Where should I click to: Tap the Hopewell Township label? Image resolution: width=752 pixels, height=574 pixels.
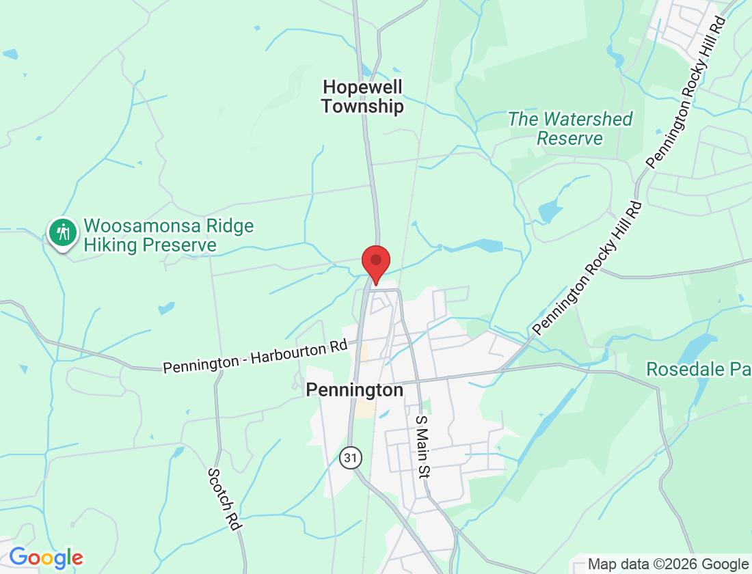(x=362, y=96)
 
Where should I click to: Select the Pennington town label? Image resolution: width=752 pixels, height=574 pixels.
(x=354, y=389)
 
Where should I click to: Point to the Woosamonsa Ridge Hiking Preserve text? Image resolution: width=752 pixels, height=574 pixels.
(x=168, y=235)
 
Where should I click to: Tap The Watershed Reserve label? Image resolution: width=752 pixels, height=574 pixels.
(x=570, y=128)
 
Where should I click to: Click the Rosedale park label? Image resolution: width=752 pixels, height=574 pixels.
(x=697, y=370)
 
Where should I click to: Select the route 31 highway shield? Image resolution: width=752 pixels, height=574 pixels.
(x=351, y=458)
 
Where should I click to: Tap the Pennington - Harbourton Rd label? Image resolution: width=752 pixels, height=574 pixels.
(x=255, y=357)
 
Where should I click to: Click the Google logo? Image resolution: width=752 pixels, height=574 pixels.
(x=46, y=558)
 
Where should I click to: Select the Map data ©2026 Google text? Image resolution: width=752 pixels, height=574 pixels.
(x=668, y=564)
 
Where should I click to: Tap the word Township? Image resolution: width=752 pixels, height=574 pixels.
(x=362, y=107)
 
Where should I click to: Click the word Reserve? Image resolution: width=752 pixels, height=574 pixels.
(x=570, y=139)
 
